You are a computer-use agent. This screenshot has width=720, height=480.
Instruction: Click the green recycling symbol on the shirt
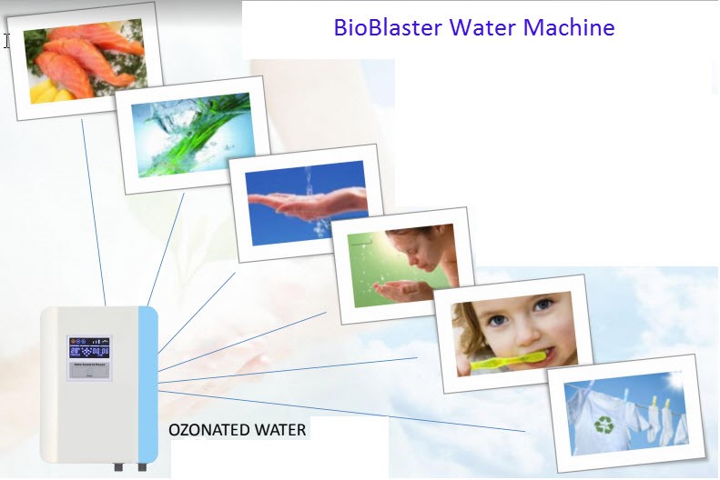coord(603,425)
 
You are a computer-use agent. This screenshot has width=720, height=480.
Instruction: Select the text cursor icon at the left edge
coord(6,40)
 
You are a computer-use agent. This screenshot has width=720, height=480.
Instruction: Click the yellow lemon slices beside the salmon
coord(42,92)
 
